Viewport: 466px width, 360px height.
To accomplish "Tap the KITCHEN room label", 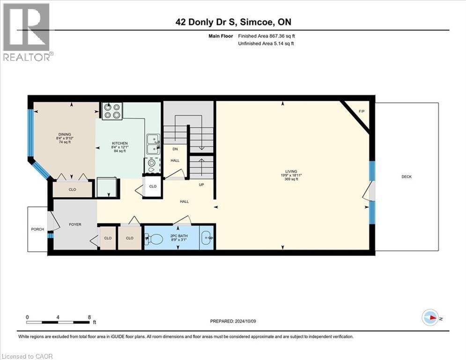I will tap(119, 143).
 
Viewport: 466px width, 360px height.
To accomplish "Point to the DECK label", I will tap(407, 177).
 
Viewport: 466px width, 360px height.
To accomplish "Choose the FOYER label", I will tap(75, 225).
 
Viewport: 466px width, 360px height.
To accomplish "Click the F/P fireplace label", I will tap(361, 112).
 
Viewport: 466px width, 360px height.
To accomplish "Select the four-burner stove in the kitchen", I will tap(112, 111).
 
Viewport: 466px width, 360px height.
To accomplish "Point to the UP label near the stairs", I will tap(201, 185).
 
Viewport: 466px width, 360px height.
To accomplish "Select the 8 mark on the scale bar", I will tap(89, 317).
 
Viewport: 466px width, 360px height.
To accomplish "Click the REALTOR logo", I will tap(27, 31).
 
